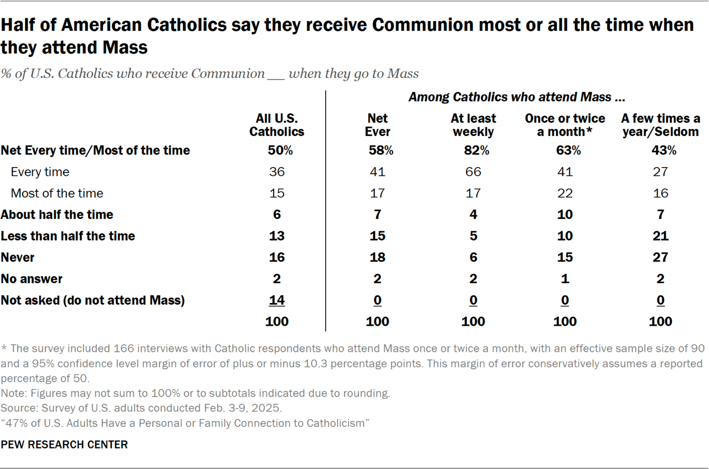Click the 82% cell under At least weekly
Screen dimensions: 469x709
(x=473, y=150)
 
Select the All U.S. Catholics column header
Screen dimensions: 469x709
(x=276, y=125)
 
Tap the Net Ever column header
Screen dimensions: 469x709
(x=378, y=125)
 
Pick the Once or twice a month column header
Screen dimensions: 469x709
(x=565, y=125)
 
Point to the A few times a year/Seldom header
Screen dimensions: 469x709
(x=660, y=125)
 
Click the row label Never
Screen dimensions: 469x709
(x=18, y=257)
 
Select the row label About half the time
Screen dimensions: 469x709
(x=56, y=215)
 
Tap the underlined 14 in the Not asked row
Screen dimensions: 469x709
(x=276, y=300)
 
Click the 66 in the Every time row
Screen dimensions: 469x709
(x=473, y=172)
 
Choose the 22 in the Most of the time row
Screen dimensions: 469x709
(x=565, y=193)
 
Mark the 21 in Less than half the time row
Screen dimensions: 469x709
(x=660, y=236)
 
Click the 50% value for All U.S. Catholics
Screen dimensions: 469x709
(x=276, y=150)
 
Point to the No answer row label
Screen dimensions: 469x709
(x=32, y=279)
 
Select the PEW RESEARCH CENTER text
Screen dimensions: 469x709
(x=64, y=445)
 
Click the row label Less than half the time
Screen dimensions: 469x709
(x=68, y=236)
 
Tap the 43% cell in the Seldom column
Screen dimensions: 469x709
(x=660, y=150)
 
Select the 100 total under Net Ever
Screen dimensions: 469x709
(x=378, y=321)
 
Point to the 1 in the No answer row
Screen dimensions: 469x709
(x=565, y=279)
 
